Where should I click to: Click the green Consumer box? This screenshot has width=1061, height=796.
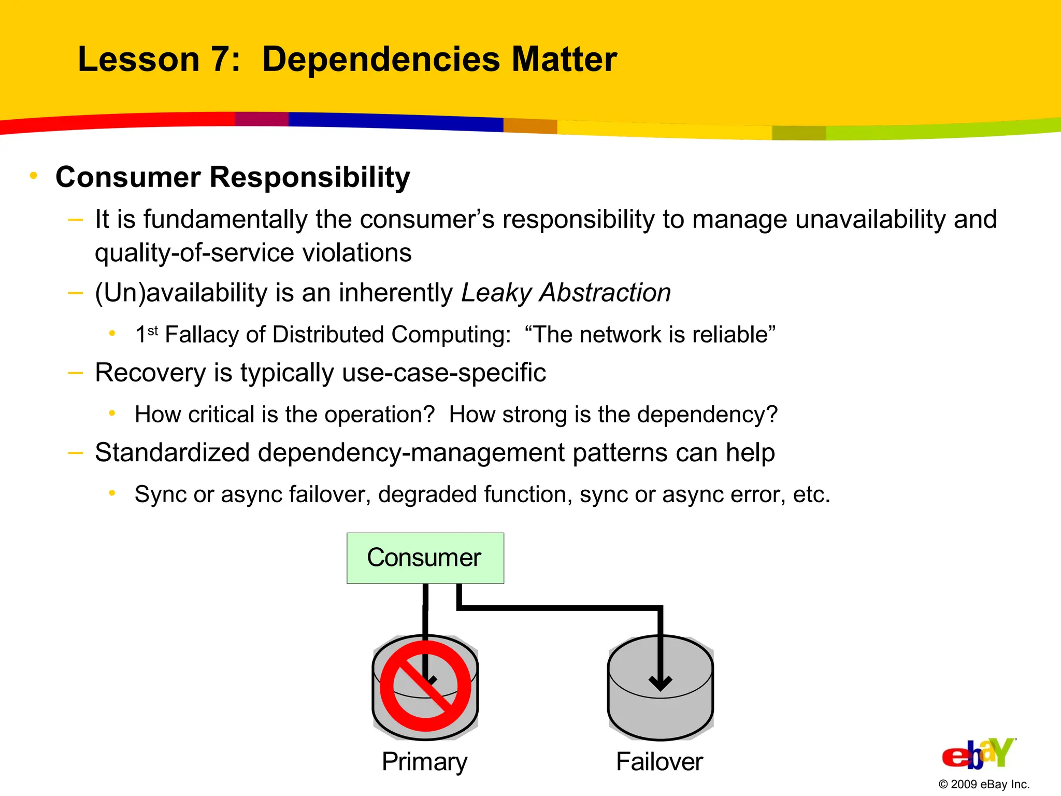click(x=425, y=558)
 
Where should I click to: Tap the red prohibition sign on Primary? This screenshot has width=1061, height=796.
click(x=425, y=686)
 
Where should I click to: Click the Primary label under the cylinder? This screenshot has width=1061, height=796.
click(x=424, y=761)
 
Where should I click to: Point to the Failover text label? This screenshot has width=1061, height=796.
click(x=659, y=761)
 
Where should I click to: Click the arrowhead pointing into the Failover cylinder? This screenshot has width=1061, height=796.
click(x=661, y=683)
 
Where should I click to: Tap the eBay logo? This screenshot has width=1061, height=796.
click(x=978, y=754)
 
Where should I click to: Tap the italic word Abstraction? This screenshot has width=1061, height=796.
click(x=605, y=292)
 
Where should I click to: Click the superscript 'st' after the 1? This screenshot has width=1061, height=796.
click(x=153, y=330)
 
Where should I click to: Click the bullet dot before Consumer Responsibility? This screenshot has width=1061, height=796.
click(x=34, y=176)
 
